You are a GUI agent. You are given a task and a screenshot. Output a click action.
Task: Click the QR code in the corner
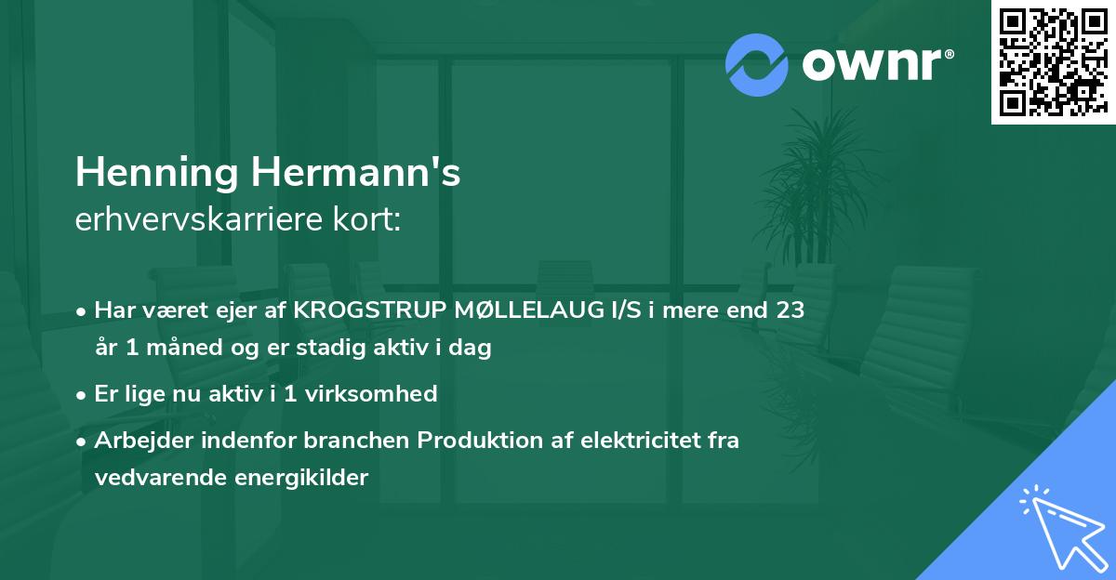[x=1053, y=61]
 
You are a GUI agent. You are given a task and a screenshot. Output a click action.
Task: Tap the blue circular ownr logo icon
[x=758, y=64]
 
